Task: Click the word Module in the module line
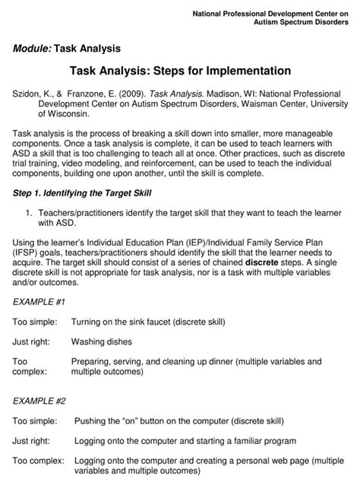coord(30,49)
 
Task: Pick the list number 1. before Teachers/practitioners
coord(29,214)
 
